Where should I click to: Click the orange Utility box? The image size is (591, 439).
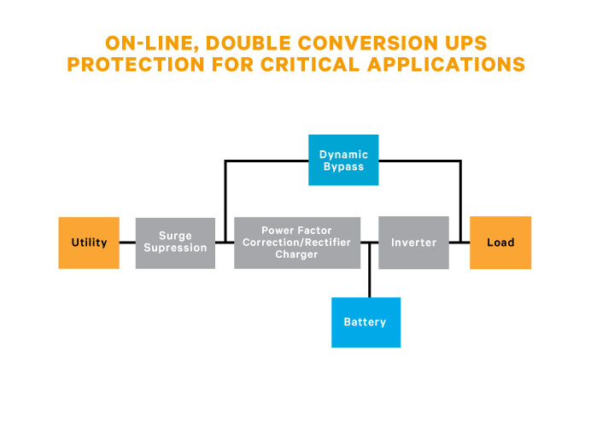[x=89, y=243]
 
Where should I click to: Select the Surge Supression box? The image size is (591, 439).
[x=175, y=243]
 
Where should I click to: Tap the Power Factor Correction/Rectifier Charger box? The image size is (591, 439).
[x=296, y=243]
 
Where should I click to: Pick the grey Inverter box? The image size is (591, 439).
[x=413, y=243]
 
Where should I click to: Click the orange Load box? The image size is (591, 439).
[x=500, y=243]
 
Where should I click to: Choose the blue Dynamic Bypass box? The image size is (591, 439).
[x=343, y=161]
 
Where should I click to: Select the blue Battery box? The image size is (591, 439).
[x=366, y=322]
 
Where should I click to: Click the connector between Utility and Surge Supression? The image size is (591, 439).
[x=127, y=243]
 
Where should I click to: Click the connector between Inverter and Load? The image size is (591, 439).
[x=459, y=243]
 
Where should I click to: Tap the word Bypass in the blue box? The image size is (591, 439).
[x=343, y=167]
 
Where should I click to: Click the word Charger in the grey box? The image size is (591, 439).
[x=296, y=255]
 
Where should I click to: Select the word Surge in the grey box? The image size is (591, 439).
[x=175, y=237]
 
